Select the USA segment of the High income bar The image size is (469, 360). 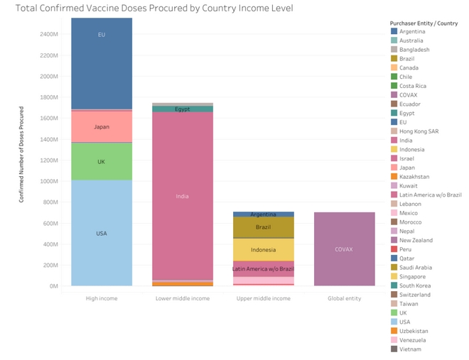102,233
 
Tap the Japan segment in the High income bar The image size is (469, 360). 102,127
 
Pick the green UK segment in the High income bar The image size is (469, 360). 102,162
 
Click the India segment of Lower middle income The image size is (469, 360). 182,196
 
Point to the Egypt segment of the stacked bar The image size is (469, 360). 182,109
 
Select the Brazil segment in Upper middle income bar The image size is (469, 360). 262,227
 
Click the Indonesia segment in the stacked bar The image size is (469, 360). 262,249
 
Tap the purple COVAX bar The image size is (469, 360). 343,249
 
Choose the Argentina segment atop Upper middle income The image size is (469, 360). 262,214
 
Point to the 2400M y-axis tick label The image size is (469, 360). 48,34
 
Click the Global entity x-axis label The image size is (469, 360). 343,298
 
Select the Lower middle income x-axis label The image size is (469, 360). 182,298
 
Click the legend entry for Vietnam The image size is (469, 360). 410,349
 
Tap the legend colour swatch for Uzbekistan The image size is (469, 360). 394,331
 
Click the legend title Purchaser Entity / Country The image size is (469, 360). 424,23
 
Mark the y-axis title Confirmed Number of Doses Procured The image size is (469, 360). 21,155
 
